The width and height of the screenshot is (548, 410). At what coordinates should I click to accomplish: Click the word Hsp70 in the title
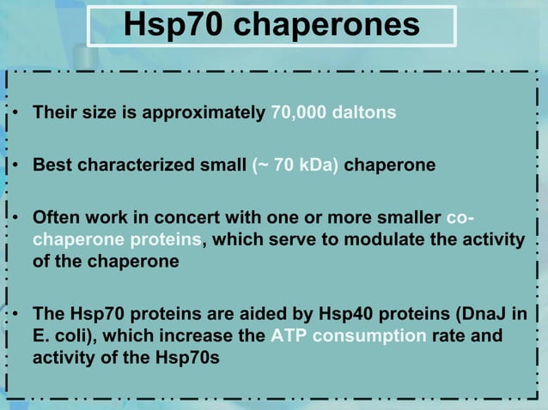(174, 26)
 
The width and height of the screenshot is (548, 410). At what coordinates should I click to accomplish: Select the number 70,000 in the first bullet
(297, 113)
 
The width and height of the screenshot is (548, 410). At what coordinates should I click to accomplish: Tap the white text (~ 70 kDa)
(296, 164)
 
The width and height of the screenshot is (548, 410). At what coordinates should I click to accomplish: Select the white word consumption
(368, 335)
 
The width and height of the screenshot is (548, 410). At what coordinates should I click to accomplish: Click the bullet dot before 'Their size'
(17, 114)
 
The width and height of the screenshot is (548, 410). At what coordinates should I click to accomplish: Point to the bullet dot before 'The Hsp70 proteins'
(17, 315)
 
